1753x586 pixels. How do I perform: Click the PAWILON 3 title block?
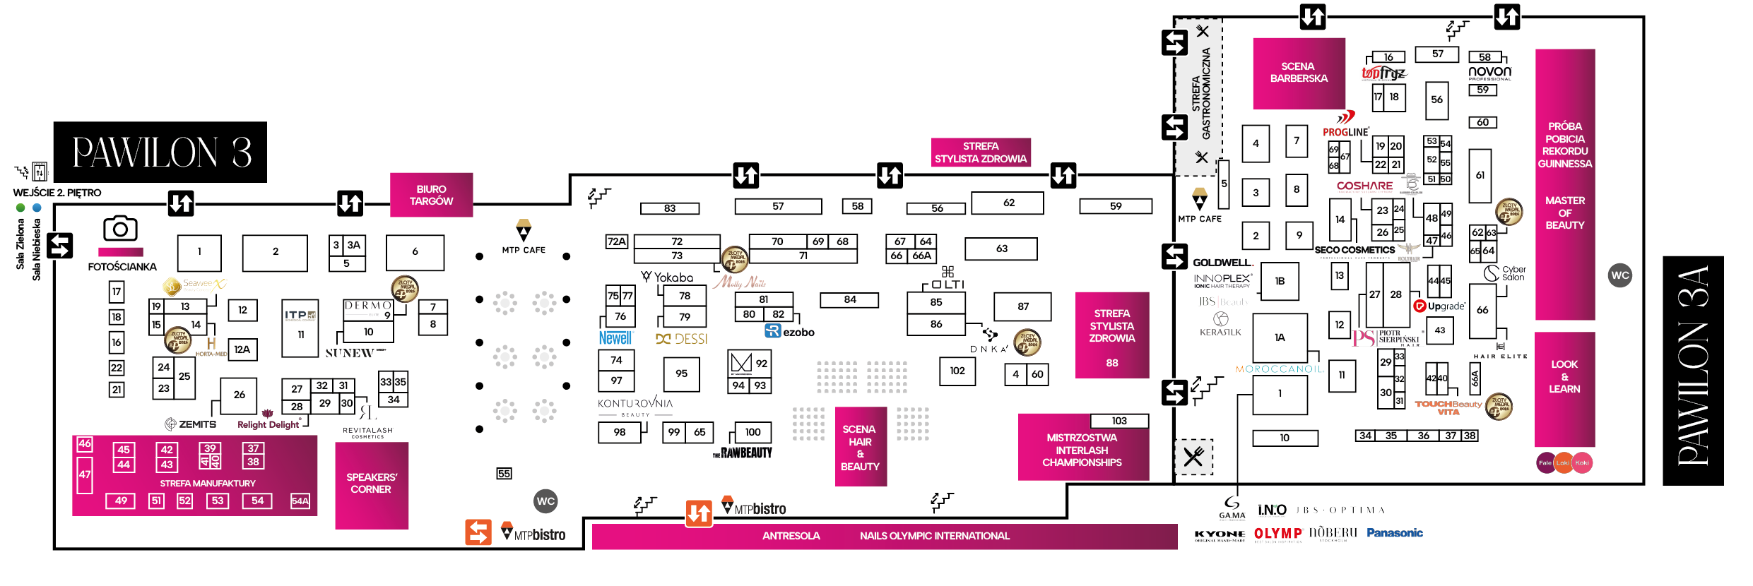point(160,152)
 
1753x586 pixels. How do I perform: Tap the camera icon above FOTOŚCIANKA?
point(120,229)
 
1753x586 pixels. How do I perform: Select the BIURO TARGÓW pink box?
point(431,195)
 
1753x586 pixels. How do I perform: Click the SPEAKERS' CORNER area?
point(372,484)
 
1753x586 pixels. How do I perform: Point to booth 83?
point(669,208)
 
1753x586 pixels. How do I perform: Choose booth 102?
point(957,371)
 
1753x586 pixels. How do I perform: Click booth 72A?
point(617,241)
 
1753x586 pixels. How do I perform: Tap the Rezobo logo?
point(790,332)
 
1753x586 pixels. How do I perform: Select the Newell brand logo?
point(615,338)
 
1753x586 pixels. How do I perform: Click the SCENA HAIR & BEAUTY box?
point(860,448)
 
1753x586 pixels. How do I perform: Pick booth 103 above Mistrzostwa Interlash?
point(1119,421)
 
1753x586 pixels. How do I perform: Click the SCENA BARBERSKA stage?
point(1299,73)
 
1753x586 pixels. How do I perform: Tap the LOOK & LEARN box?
point(1564,376)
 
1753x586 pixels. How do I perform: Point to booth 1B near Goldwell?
point(1280,281)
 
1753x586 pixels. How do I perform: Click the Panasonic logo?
point(1394,533)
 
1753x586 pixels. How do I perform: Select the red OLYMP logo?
point(1278,534)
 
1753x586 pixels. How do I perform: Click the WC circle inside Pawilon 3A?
point(1620,275)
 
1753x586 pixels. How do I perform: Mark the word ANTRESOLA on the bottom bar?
point(791,536)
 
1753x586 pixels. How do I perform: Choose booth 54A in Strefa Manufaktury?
point(300,501)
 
